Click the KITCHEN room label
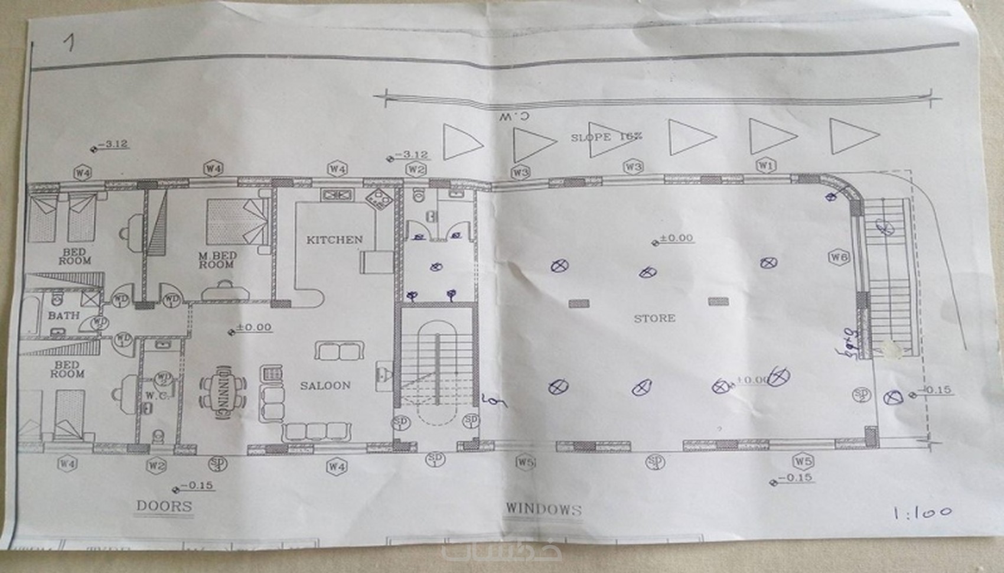(x=334, y=240)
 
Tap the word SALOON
(x=325, y=386)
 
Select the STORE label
(x=654, y=318)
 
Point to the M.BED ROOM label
(x=217, y=260)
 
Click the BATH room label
(x=64, y=315)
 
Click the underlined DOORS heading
(x=164, y=506)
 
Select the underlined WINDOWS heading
(x=543, y=509)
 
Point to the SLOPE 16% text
(x=606, y=137)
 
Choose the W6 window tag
(x=839, y=257)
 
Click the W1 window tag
(x=765, y=166)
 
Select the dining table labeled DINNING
(x=223, y=392)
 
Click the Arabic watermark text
(x=502, y=552)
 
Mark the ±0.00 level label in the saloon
(x=253, y=327)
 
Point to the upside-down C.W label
(x=513, y=116)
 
